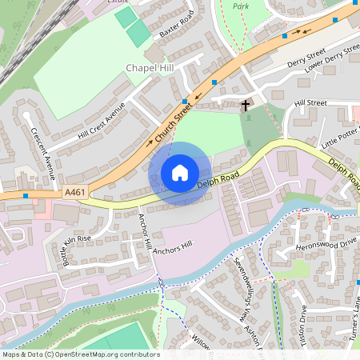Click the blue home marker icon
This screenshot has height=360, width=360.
coord(180,173)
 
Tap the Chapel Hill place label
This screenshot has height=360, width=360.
coord(150,69)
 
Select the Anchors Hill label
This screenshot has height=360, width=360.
coord(178,248)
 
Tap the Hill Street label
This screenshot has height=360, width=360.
coord(310,103)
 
